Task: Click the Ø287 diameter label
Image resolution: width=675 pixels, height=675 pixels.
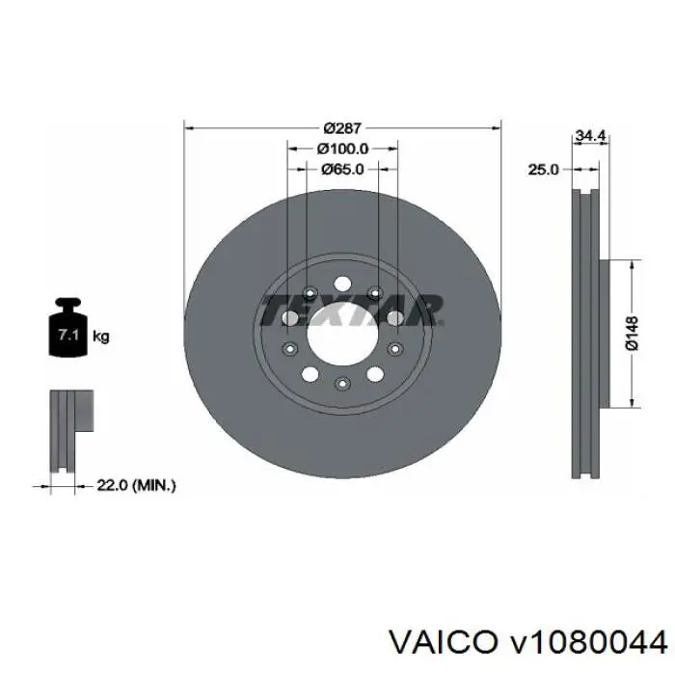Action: click(342, 128)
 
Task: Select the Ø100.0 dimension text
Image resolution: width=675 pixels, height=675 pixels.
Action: click(342, 148)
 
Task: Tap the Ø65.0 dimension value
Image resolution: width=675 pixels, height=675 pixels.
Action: click(342, 169)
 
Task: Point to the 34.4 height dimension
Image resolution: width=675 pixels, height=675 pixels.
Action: click(588, 137)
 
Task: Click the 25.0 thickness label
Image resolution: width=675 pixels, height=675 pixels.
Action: click(543, 169)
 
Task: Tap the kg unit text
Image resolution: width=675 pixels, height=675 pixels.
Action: click(100, 337)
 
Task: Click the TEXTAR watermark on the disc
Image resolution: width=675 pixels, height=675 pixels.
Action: click(351, 310)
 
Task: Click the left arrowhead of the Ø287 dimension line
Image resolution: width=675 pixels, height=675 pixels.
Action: click(188, 126)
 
